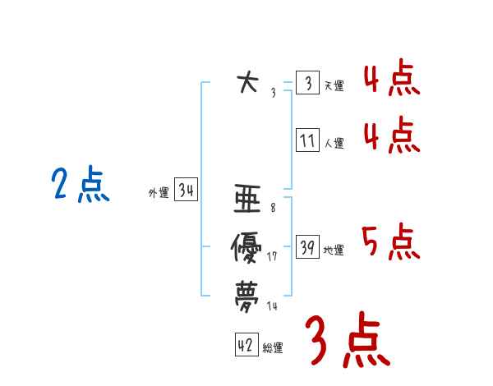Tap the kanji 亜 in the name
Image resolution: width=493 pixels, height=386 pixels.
click(x=247, y=200)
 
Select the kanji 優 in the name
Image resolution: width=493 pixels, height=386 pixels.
click(x=247, y=248)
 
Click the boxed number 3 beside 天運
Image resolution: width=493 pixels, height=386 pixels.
click(x=307, y=84)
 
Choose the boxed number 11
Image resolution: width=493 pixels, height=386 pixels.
click(x=307, y=140)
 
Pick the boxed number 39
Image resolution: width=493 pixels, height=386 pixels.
click(x=307, y=248)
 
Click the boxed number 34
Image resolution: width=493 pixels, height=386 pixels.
click(x=187, y=191)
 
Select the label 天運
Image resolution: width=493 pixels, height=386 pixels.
click(x=334, y=85)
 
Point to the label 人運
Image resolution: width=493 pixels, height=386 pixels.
click(x=334, y=143)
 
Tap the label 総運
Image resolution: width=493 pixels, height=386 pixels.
click(x=273, y=348)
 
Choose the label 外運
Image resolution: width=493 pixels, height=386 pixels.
click(x=159, y=193)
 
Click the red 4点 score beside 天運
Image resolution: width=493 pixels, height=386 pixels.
click(x=391, y=79)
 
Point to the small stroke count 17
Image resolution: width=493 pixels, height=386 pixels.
click(x=273, y=257)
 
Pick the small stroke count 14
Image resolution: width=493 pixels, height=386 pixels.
click(x=273, y=306)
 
